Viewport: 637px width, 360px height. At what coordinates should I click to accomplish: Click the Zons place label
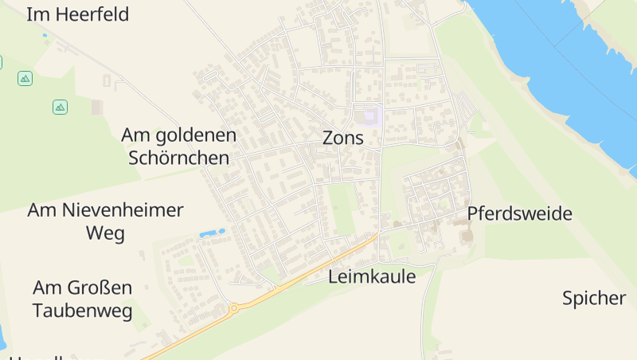tap(342, 138)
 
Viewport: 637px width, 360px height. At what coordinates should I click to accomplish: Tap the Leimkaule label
tap(372, 276)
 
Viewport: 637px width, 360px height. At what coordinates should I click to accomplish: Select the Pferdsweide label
tap(519, 213)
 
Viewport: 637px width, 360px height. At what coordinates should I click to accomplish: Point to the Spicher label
tap(594, 299)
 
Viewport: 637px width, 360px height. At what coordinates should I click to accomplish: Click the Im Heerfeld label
tap(77, 14)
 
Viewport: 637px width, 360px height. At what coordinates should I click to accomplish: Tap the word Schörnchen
tap(178, 158)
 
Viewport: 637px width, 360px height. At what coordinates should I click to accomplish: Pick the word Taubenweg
tap(83, 311)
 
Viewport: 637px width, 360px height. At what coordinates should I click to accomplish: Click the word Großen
tap(100, 288)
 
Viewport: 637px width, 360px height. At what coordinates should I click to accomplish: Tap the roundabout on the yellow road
tap(234, 307)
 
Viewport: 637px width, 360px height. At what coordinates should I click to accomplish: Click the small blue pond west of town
tap(212, 233)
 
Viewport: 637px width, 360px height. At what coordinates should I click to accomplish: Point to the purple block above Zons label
tap(368, 116)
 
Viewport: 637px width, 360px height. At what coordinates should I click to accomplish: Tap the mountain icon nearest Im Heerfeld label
tap(25, 78)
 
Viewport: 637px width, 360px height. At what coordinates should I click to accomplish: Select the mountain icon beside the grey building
tap(60, 107)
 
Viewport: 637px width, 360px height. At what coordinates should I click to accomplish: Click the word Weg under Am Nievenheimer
tap(105, 233)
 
